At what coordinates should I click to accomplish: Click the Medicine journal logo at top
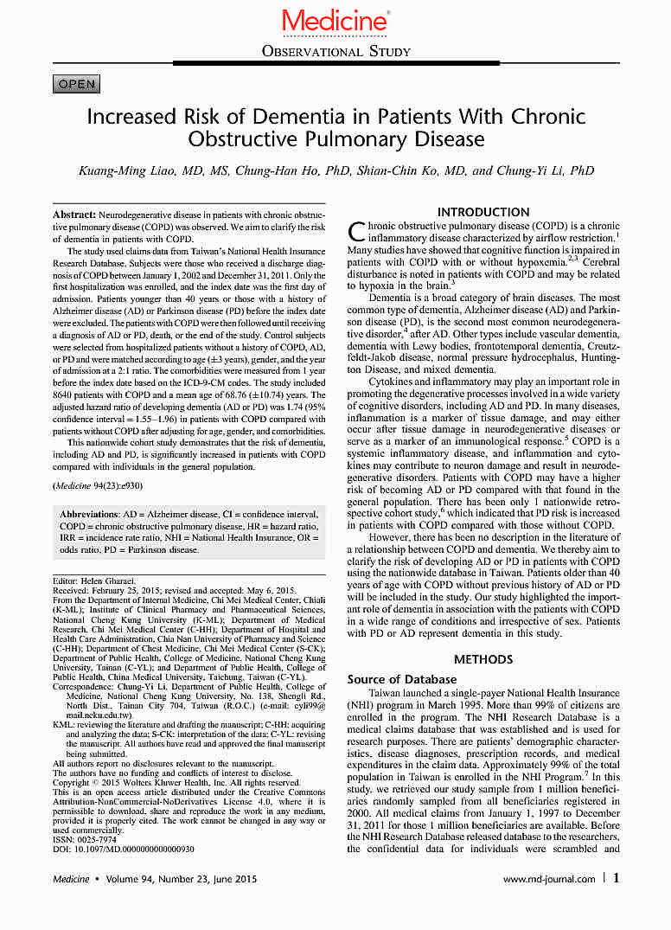[x=335, y=21]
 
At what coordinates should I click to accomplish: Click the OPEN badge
[x=77, y=84]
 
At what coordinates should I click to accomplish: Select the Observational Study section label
[x=335, y=52]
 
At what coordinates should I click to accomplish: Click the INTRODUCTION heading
[x=483, y=212]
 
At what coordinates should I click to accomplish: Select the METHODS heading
[x=483, y=659]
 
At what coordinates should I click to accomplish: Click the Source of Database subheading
[x=402, y=679]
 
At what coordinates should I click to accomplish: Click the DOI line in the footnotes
[x=124, y=849]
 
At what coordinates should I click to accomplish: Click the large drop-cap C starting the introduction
[x=356, y=231]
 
